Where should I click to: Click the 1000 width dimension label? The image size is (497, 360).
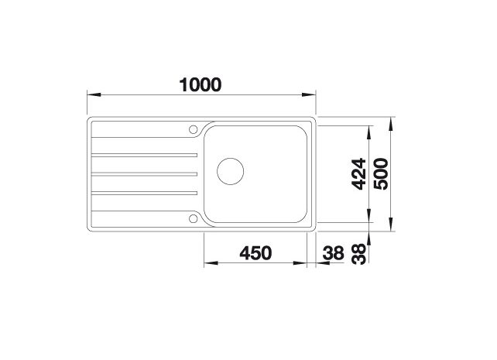(x=201, y=84)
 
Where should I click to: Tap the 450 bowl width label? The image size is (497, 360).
(x=255, y=253)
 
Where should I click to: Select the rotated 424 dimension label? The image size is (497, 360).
(x=359, y=174)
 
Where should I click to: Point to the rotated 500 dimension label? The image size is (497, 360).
(x=381, y=173)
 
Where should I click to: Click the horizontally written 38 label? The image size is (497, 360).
(x=333, y=253)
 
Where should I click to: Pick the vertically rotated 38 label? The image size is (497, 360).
(x=359, y=254)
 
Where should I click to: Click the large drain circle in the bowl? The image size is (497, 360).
(x=231, y=171)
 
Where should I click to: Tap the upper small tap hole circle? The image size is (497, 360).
(x=193, y=129)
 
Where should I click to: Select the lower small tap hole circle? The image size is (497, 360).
(x=193, y=218)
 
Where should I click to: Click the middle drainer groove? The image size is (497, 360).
(x=144, y=174)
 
